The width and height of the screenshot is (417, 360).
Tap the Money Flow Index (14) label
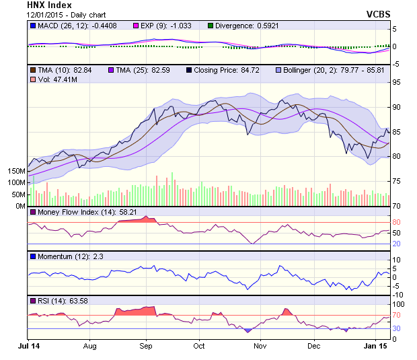click(77, 212)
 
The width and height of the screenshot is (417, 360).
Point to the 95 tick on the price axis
click(397, 83)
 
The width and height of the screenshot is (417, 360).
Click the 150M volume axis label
click(15, 171)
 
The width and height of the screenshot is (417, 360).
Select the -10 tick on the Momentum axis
click(397, 295)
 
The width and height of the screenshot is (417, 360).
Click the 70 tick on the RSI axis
click(397, 315)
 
